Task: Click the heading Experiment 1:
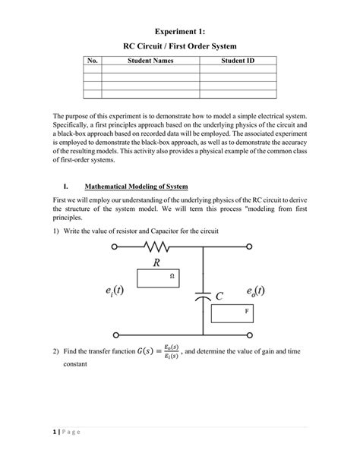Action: (180, 32)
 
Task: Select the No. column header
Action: (92, 60)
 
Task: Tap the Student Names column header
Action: (150, 60)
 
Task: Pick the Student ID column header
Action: (237, 60)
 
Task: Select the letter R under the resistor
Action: (156, 264)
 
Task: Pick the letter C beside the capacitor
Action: (219, 297)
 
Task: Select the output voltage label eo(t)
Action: (256, 292)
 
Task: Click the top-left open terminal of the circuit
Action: (115, 247)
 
